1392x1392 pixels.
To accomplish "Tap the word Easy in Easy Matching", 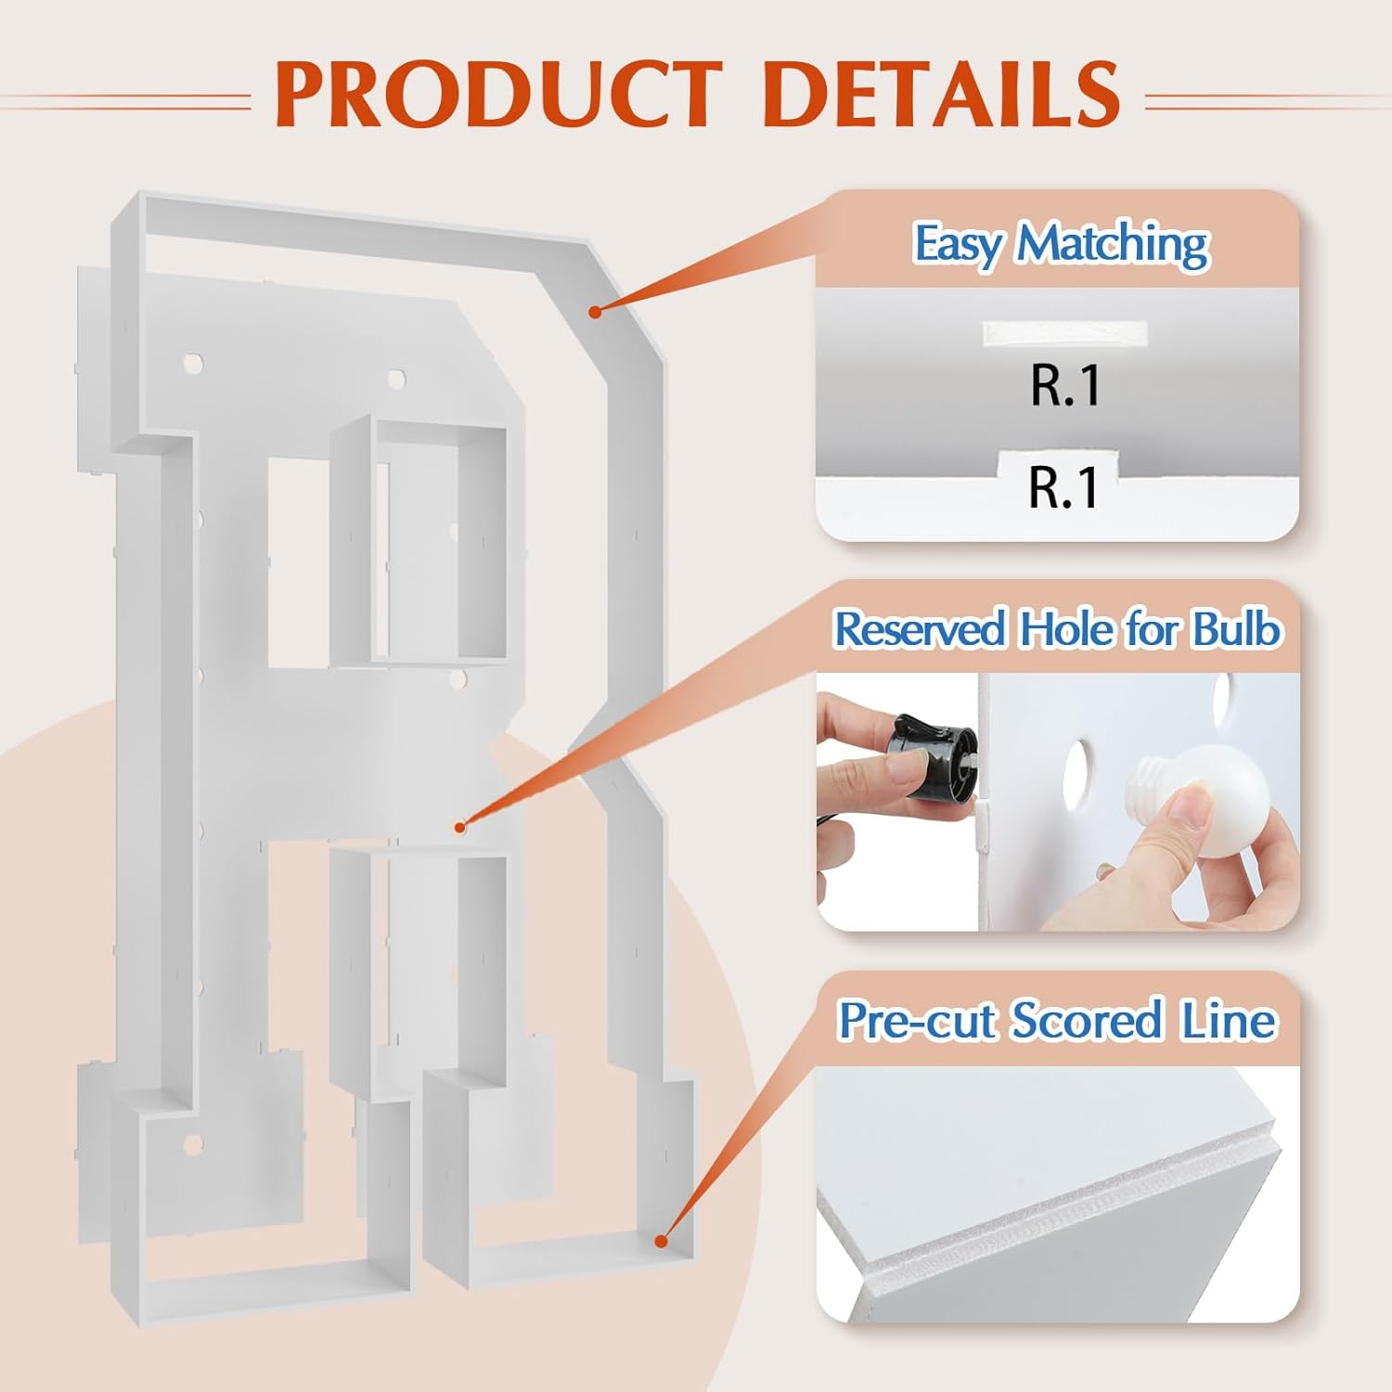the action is tap(959, 244).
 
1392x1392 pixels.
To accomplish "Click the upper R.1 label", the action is tap(1065, 384).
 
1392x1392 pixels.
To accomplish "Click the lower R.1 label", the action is tap(1063, 486).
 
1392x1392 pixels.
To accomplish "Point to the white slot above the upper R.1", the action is tap(1065, 334).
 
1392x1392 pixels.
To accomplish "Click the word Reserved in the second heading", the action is tap(920, 629).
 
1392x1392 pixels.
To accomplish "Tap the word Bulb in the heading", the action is tap(1236, 629).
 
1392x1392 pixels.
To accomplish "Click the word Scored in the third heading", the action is tap(1087, 1021).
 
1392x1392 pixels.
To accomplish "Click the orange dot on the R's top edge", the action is tap(595, 312).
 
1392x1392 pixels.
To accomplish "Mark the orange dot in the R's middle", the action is tap(459, 827).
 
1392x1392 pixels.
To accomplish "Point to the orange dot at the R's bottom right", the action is tap(661, 1241).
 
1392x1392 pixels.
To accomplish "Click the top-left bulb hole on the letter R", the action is tap(193, 363).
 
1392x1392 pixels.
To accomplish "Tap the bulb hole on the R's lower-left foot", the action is tap(193, 1145).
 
